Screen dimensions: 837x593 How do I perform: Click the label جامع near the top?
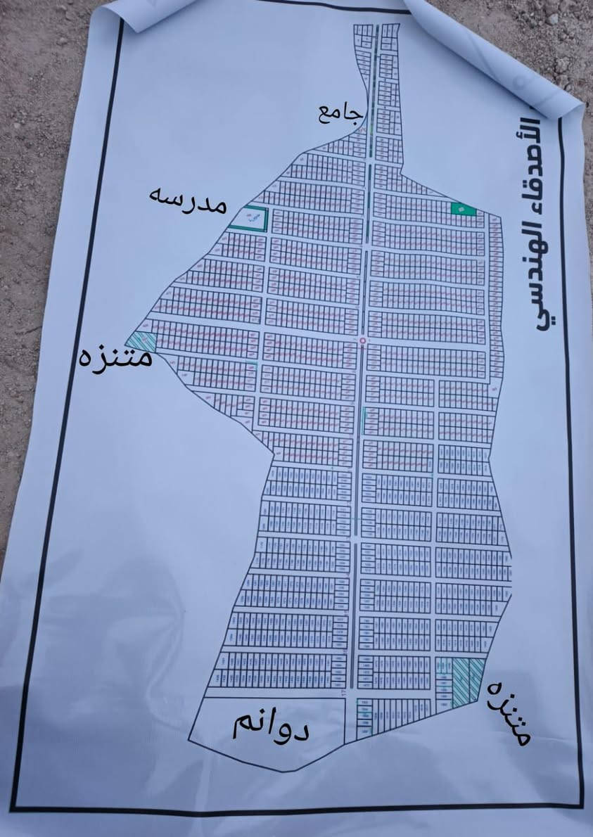pos(340,111)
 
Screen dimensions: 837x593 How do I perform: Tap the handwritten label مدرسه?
pos(188,199)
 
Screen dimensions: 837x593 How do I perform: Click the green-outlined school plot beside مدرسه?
pos(250,217)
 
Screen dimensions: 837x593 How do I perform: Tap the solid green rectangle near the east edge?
pos(463,209)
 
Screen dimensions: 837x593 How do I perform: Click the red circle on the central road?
pos(363,341)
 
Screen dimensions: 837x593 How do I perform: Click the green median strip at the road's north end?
pos(374,42)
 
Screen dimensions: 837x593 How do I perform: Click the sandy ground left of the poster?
pos(35,211)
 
